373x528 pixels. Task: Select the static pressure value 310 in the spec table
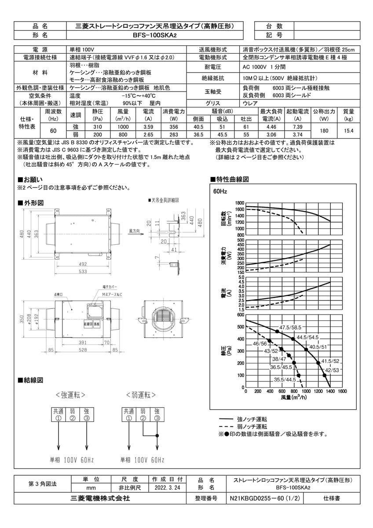click(98, 127)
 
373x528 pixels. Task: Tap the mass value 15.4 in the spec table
click(348, 131)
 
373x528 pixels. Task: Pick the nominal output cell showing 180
click(325, 131)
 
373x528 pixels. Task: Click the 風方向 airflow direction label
click(135, 230)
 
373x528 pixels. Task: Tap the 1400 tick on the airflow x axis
click(329, 391)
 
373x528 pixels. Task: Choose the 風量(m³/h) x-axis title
click(293, 397)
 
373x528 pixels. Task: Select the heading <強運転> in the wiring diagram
click(70, 395)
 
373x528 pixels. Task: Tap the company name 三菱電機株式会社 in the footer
click(100, 499)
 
